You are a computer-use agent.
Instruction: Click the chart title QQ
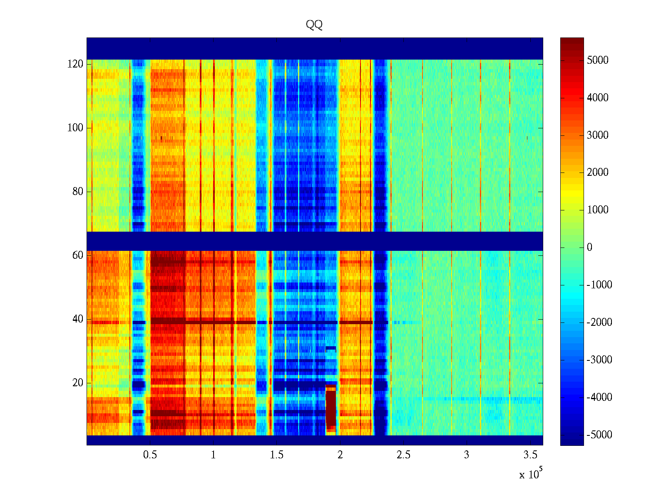point(314,25)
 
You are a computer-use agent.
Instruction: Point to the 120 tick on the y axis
point(75,64)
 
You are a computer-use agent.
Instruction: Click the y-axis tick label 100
point(75,128)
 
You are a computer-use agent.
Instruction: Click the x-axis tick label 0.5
point(150,455)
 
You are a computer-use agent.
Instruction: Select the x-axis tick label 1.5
point(277,455)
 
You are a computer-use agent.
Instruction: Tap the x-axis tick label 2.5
point(403,455)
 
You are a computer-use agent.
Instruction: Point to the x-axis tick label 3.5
point(530,455)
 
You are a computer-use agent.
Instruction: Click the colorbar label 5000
point(598,60)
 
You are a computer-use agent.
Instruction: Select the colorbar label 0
point(589,247)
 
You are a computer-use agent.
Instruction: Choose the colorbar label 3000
point(598,135)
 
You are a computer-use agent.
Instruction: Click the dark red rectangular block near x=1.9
point(331,408)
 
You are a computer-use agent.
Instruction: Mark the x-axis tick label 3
point(467,455)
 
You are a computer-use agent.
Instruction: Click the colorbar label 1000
point(598,210)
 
